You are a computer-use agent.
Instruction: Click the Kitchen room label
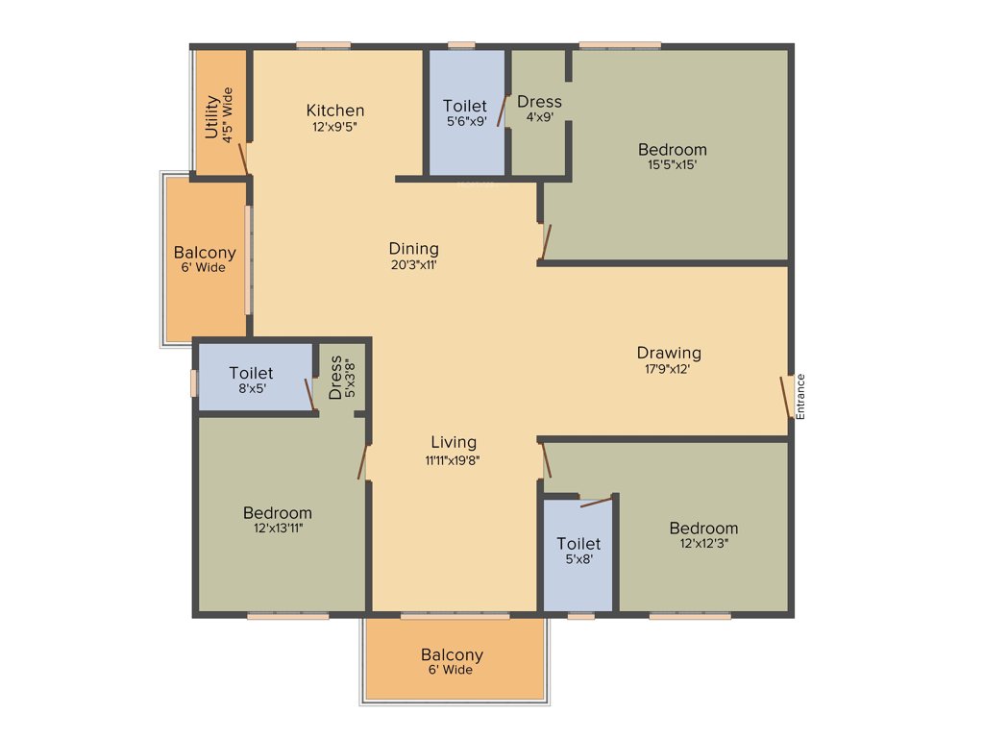[x=335, y=111]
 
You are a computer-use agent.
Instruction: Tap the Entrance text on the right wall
[x=800, y=395]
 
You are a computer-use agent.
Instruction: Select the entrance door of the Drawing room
[x=785, y=397]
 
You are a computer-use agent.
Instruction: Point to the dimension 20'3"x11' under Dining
[x=413, y=264]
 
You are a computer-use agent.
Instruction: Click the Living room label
[x=453, y=442]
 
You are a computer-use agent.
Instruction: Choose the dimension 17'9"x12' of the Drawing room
[x=669, y=368]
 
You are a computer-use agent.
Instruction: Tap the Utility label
[x=212, y=116]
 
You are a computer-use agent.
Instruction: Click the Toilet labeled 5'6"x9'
[x=464, y=106]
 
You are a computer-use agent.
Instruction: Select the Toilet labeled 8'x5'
[x=251, y=373]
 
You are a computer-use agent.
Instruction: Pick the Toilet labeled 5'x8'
[x=578, y=544]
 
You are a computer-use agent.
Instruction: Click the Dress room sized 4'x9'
[x=539, y=102]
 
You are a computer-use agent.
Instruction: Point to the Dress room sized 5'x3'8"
[x=335, y=378]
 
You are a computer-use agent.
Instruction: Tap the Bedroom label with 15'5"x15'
[x=673, y=149]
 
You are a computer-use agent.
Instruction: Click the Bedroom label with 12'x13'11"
[x=277, y=512]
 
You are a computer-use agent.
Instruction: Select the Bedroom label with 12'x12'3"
[x=703, y=528]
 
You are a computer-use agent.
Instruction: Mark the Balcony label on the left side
[x=205, y=253]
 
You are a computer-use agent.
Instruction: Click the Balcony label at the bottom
[x=452, y=655]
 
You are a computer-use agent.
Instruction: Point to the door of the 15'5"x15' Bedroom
[x=546, y=241]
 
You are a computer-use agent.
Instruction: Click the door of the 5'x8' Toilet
[x=596, y=500]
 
